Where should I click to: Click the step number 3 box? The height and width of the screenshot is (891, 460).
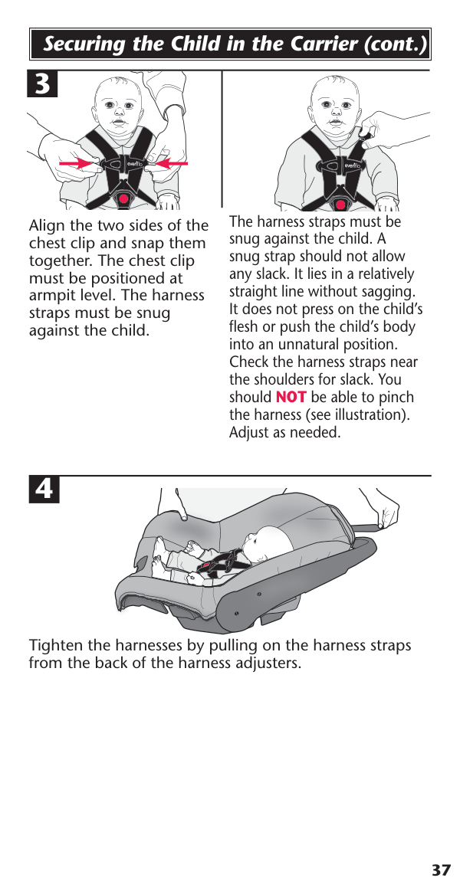(42, 84)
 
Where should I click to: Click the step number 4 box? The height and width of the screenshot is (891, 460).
(44, 490)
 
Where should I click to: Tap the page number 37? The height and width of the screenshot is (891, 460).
(441, 870)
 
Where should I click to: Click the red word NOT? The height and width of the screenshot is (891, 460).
(291, 397)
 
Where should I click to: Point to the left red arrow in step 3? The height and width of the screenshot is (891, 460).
(80, 164)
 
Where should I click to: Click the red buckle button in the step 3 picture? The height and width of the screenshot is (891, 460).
(123, 199)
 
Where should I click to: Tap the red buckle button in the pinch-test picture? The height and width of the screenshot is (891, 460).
(340, 205)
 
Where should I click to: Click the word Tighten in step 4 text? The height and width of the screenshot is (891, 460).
(57, 646)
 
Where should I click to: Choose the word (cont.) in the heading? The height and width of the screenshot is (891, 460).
(395, 44)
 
